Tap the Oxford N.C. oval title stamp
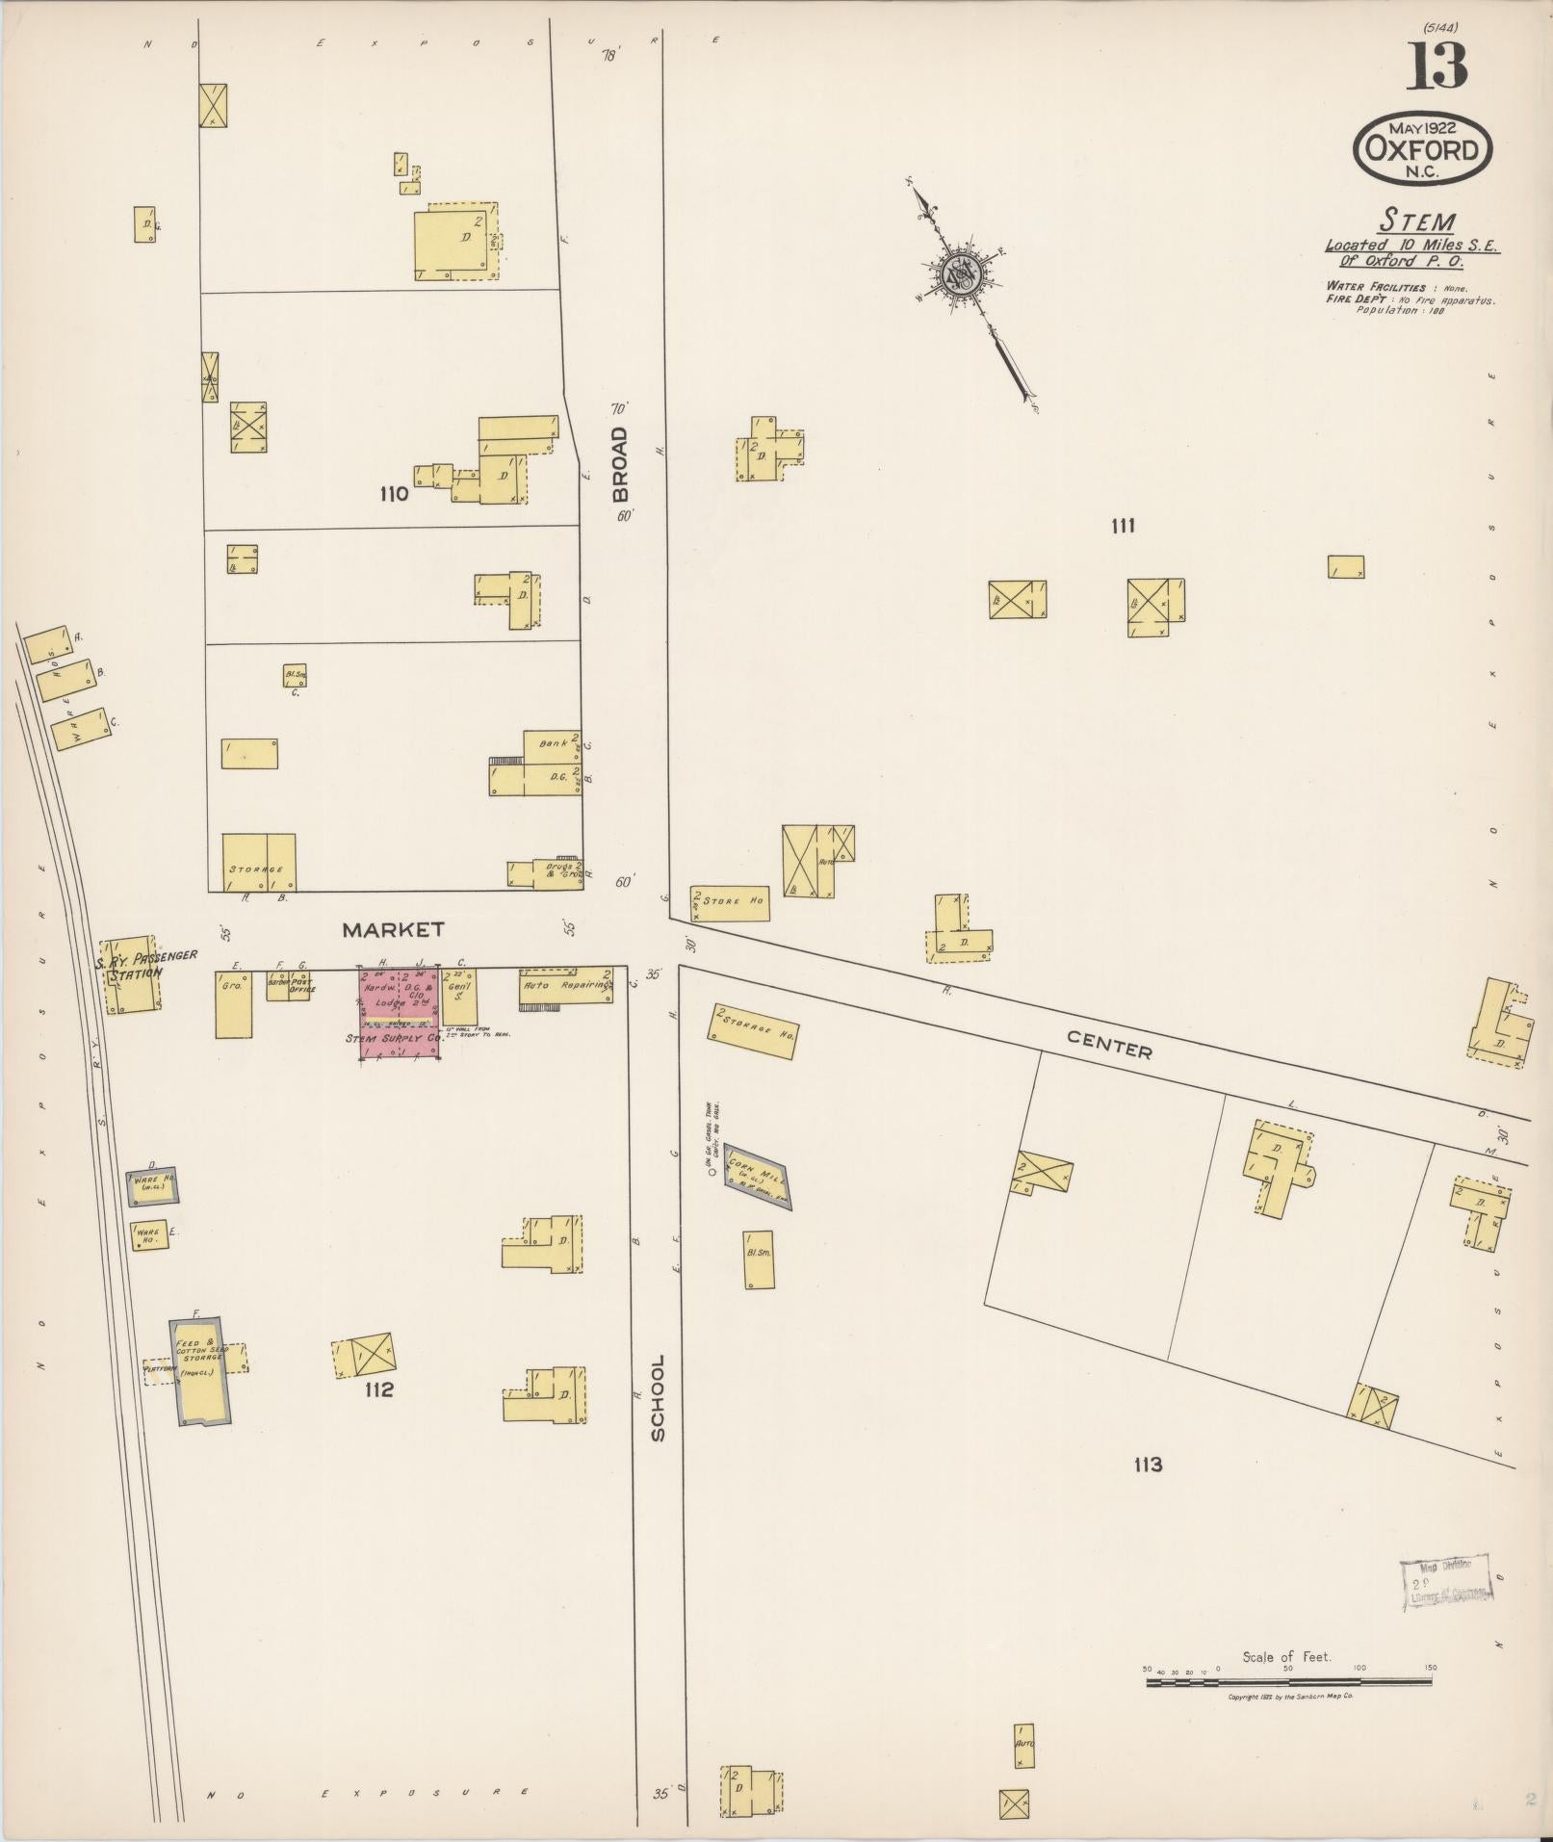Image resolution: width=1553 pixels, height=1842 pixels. (x=1423, y=149)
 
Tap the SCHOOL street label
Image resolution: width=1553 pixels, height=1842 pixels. (x=658, y=1398)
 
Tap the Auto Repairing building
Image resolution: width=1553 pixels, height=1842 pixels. (x=566, y=986)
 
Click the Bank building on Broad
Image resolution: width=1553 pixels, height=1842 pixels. (x=552, y=743)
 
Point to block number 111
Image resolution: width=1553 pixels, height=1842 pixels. (x=1123, y=526)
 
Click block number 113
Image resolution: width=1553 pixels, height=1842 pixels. (x=1148, y=1465)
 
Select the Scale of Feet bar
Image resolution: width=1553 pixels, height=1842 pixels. (x=1290, y=1682)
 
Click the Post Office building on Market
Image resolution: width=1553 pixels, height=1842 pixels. (x=298, y=985)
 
